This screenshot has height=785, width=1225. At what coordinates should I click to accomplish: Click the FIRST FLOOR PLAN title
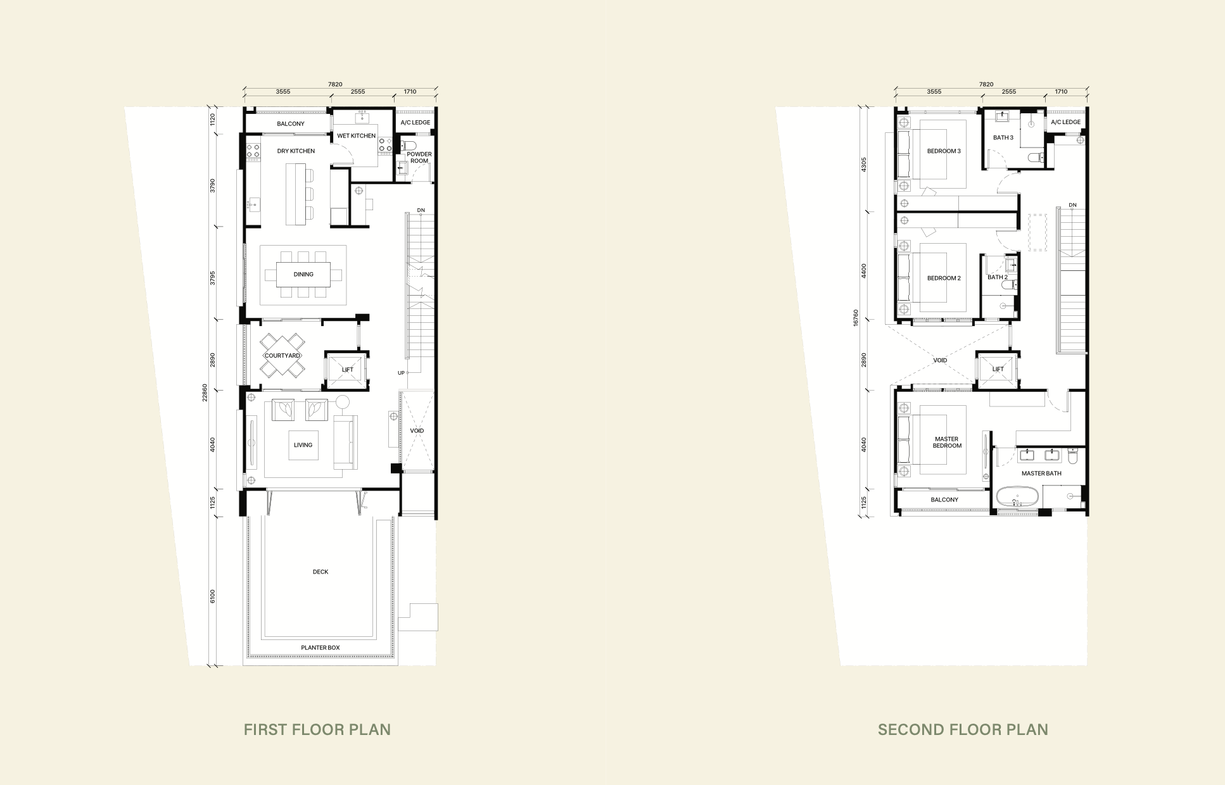pyautogui.click(x=317, y=729)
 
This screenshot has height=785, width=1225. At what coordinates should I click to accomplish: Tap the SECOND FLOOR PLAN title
pyautogui.click(x=963, y=729)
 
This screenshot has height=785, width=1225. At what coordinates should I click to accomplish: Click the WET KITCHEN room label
pyautogui.click(x=356, y=135)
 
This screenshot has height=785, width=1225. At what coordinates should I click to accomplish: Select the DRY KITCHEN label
pyautogui.click(x=296, y=151)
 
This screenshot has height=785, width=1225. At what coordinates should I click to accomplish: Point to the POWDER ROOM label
pyautogui.click(x=419, y=158)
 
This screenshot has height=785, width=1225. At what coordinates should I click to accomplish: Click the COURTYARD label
pyautogui.click(x=282, y=356)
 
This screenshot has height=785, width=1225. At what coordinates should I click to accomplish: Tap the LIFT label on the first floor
pyautogui.click(x=348, y=370)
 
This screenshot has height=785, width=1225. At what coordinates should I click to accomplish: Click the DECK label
pyautogui.click(x=321, y=572)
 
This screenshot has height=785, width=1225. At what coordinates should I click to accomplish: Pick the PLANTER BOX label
pyautogui.click(x=321, y=648)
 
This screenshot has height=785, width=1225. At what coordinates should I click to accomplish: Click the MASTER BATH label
pyautogui.click(x=1041, y=474)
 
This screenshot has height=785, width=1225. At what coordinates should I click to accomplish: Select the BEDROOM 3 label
pyautogui.click(x=944, y=151)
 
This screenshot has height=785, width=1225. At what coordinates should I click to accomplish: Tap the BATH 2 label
pyautogui.click(x=998, y=277)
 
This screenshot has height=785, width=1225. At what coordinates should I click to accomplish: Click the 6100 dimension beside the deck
pyautogui.click(x=213, y=596)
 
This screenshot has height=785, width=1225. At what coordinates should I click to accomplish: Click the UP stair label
pyautogui.click(x=401, y=373)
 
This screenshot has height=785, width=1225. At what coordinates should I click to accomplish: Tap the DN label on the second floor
pyautogui.click(x=1072, y=205)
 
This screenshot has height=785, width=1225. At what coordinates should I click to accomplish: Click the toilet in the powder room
pyautogui.click(x=405, y=147)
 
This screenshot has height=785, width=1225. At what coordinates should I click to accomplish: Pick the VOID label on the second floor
pyautogui.click(x=940, y=360)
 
